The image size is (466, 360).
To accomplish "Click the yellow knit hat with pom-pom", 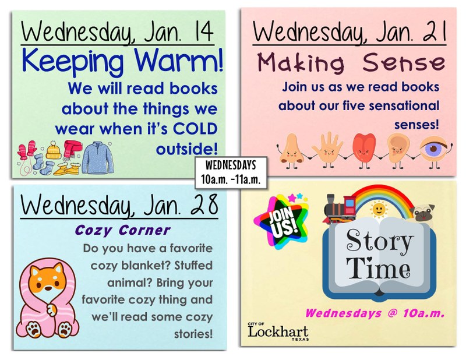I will tap(54, 150).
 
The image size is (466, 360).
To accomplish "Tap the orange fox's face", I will tap(47, 282).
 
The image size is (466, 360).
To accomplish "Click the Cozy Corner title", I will tap(122, 230).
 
